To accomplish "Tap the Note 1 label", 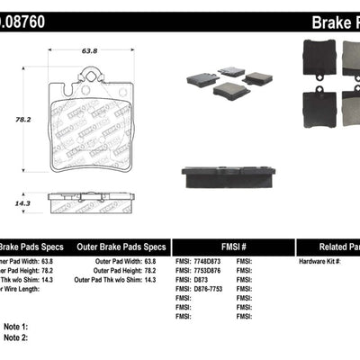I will tap(14, 327).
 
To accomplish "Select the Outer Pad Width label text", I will tap(119, 260).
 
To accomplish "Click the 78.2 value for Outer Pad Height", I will tap(162, 269).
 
